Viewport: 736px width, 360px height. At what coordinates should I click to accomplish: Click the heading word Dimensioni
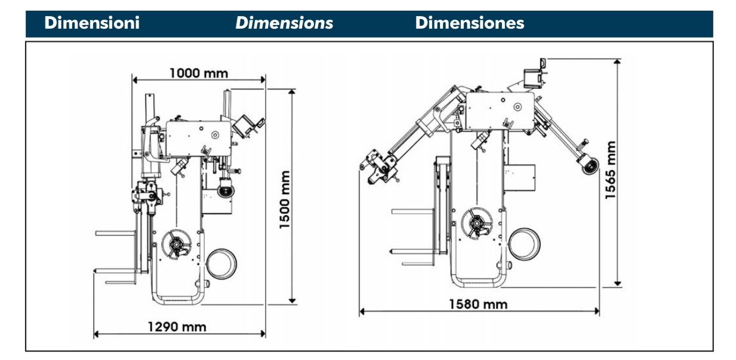pos(92,23)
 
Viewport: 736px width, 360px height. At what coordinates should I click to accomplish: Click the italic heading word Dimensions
pos(284,23)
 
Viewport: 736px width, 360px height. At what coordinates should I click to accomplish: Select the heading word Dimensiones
pos(469,23)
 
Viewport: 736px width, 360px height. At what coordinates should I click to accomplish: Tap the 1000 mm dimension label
pos(199,73)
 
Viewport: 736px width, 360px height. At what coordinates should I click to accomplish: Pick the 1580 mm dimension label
pos(478,304)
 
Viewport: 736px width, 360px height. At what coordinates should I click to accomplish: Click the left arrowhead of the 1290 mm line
pos(96,334)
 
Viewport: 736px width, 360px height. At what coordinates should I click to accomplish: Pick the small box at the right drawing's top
pos(532,75)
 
